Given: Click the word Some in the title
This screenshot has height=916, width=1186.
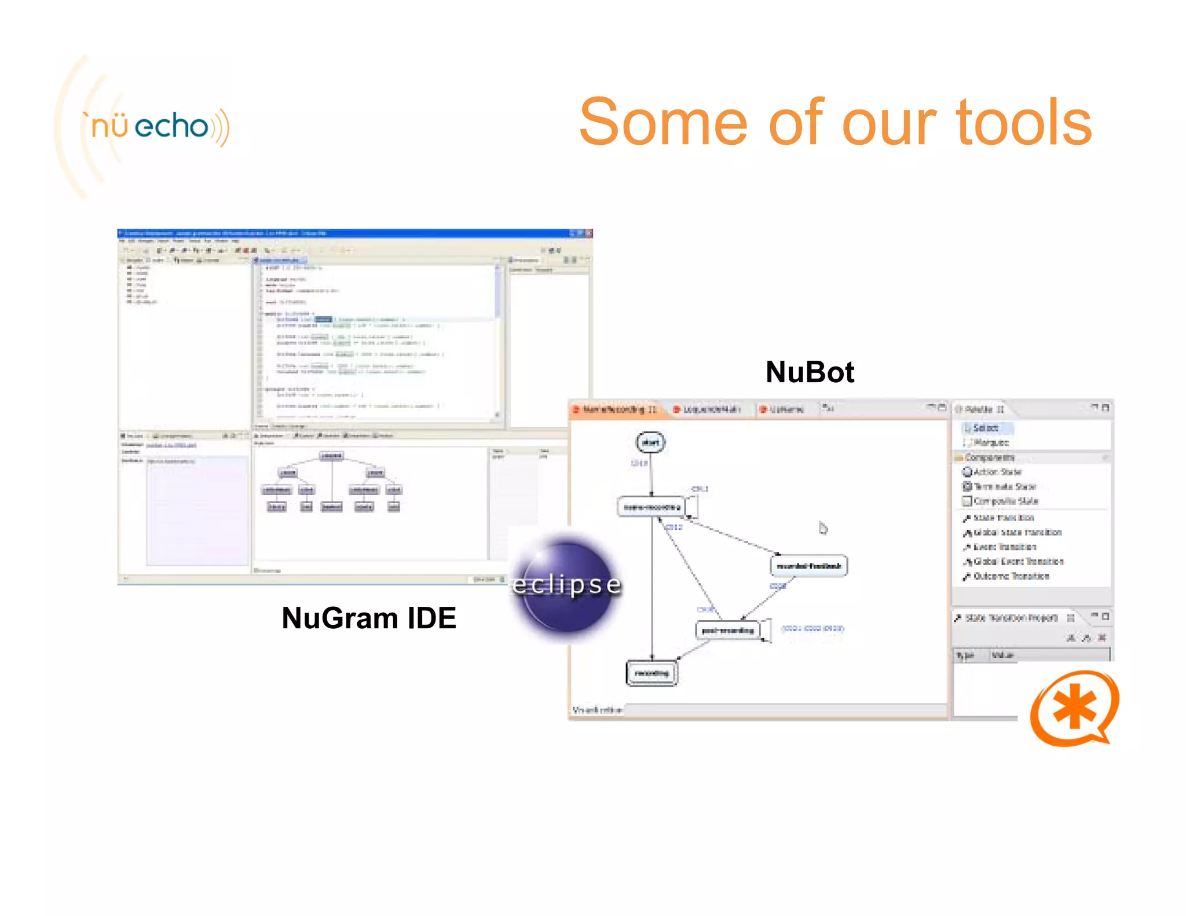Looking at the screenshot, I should pyautogui.click(x=664, y=123).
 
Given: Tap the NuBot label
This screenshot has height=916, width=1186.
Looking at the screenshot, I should pyautogui.click(x=809, y=372).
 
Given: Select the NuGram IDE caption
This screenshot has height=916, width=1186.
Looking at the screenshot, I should pyautogui.click(x=368, y=618).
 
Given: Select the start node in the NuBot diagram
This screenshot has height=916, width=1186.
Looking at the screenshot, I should pyautogui.click(x=650, y=443).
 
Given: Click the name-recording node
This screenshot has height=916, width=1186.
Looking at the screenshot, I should pyautogui.click(x=651, y=507).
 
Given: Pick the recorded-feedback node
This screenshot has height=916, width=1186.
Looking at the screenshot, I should pyautogui.click(x=808, y=566).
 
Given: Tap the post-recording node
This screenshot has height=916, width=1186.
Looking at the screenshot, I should pyautogui.click(x=727, y=630).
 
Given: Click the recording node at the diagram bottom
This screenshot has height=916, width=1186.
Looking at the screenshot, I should pyautogui.click(x=651, y=673).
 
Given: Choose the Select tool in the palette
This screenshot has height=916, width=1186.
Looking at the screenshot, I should pyautogui.click(x=985, y=428).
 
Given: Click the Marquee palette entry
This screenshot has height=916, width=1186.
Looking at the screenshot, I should pyautogui.click(x=990, y=442).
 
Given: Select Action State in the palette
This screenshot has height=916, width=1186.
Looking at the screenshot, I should pyautogui.click(x=996, y=472).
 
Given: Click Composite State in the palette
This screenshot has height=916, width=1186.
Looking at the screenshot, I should pyautogui.click(x=1005, y=501).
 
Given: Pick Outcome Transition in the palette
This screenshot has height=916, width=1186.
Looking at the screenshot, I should pyautogui.click(x=1011, y=576).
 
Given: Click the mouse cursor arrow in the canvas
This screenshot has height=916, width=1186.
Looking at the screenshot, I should pyautogui.click(x=823, y=527).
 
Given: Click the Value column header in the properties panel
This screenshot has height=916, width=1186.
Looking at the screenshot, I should pyautogui.click(x=1002, y=655).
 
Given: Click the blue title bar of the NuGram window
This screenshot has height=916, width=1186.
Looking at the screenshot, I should pyautogui.click(x=347, y=233).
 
